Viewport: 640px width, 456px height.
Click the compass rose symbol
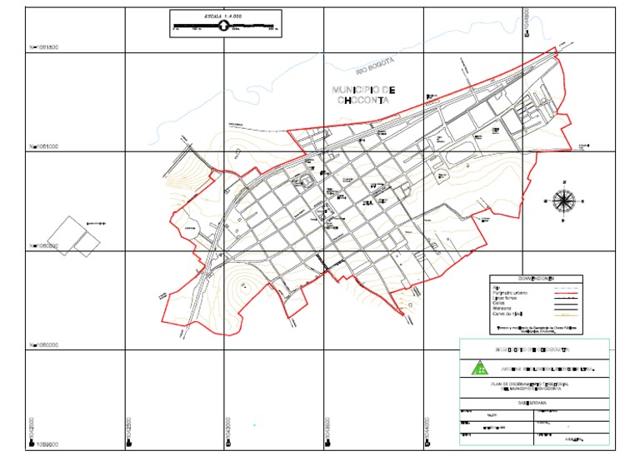pos(564,199)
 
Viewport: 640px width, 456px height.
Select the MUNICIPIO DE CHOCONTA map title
pos(363,94)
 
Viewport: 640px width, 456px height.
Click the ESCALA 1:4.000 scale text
pos(223,16)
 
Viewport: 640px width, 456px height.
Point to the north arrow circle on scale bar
pos(224,27)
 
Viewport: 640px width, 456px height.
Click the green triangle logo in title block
pos(479,367)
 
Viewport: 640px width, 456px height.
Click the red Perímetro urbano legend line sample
pos(564,292)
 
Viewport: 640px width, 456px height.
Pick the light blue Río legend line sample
pos(564,286)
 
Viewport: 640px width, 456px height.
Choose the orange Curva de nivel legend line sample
pos(564,314)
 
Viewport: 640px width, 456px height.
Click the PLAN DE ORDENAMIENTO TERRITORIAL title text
pos(533,384)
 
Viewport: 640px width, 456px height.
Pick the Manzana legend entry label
pos(504,308)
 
